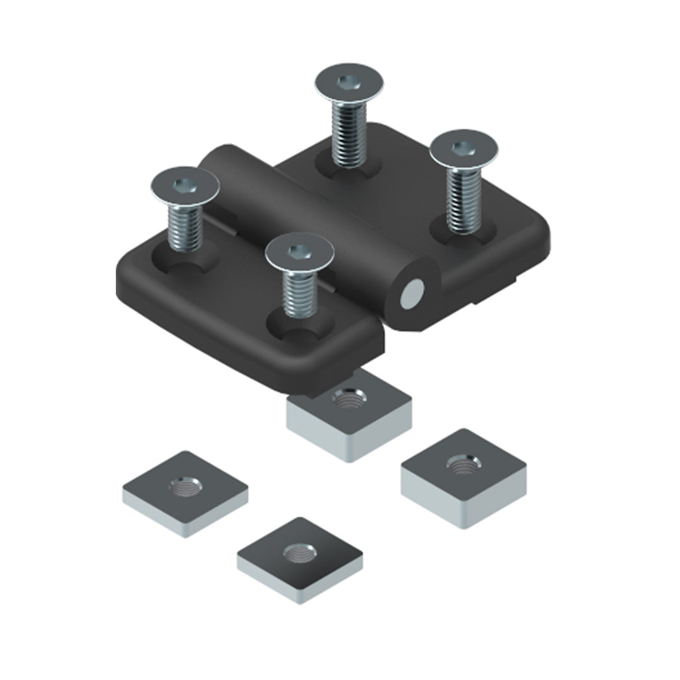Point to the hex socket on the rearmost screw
coord(347,82)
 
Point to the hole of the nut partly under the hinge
coord(348,399)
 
